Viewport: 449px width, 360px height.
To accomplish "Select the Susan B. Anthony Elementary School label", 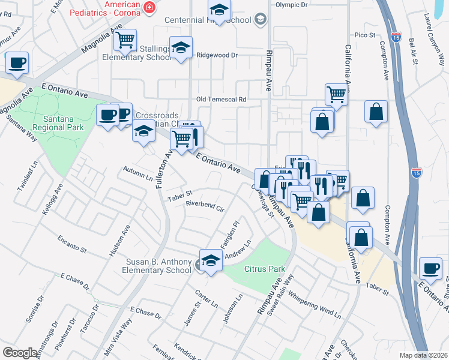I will click(158, 266).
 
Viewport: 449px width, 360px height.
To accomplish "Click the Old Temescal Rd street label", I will click(221, 99).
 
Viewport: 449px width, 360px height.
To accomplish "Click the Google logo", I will click(20, 353).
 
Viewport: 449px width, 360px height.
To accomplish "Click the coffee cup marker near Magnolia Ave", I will click(17, 62).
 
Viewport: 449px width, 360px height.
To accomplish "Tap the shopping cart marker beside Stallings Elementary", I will click(125, 40).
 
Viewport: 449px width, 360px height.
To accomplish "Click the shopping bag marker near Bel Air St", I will click(376, 112).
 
